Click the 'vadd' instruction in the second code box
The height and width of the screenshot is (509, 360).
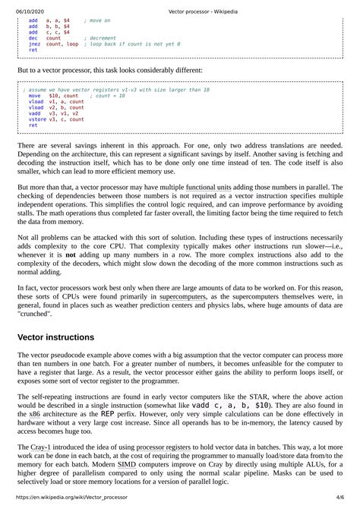click(35, 113)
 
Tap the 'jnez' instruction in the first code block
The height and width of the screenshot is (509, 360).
click(35, 44)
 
